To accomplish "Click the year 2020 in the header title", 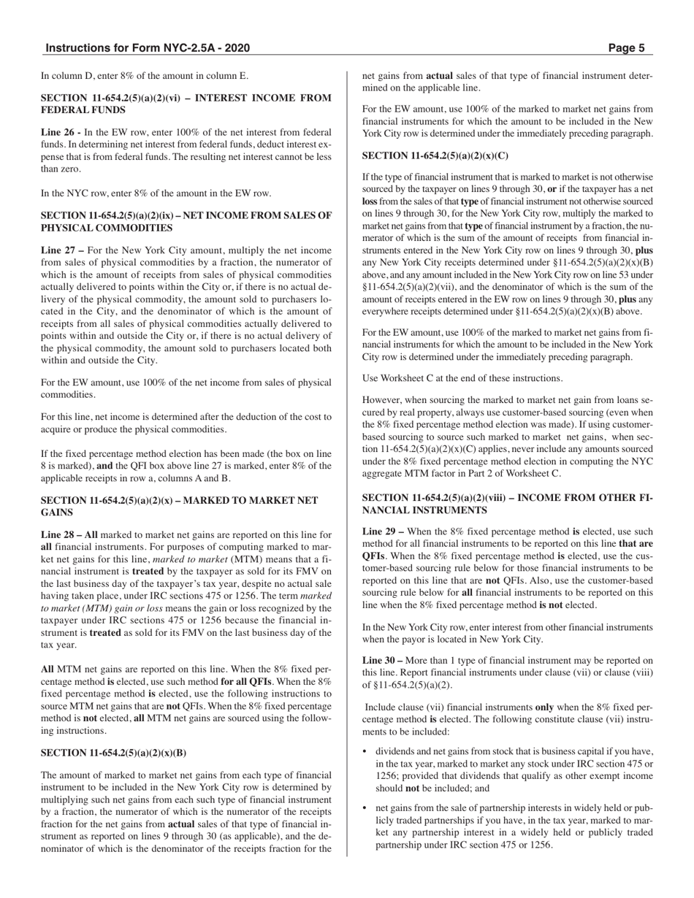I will pyautogui.click(x=237, y=49).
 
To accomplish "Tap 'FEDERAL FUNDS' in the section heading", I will pyautogui.click(x=83, y=110).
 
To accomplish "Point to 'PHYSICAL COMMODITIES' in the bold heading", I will pyautogui.click(x=102, y=227).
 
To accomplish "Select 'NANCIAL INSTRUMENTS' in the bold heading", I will pyautogui.click(x=419, y=510).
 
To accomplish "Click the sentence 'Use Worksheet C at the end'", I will pyautogui.click(x=462, y=378).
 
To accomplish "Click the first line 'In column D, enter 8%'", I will pyautogui.click(x=145, y=75).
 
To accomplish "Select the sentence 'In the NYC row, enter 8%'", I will pyautogui.click(x=156, y=193).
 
